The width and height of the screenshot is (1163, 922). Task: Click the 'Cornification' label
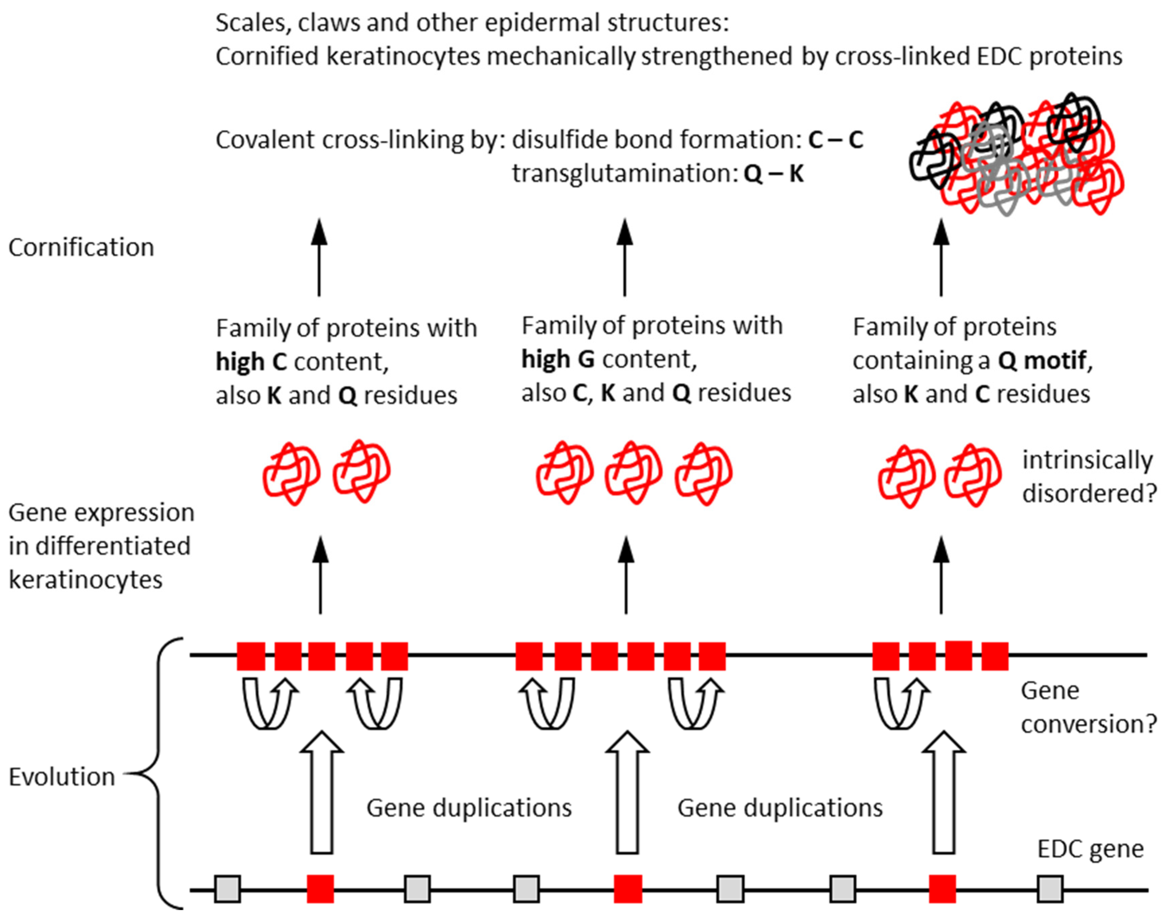click(x=81, y=247)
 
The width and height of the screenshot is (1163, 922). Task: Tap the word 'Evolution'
click(x=62, y=777)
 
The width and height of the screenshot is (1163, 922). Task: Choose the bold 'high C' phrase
click(x=251, y=362)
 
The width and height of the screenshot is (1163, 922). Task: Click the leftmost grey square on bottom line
click(x=227, y=889)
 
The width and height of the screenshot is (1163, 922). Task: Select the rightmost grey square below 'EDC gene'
click(x=1050, y=889)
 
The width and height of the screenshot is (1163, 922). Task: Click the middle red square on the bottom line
click(x=628, y=889)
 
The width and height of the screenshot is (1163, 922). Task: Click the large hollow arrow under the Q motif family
click(x=944, y=793)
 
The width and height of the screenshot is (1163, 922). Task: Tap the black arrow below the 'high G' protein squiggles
click(x=626, y=575)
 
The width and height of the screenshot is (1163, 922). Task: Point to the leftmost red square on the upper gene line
click(x=251, y=656)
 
